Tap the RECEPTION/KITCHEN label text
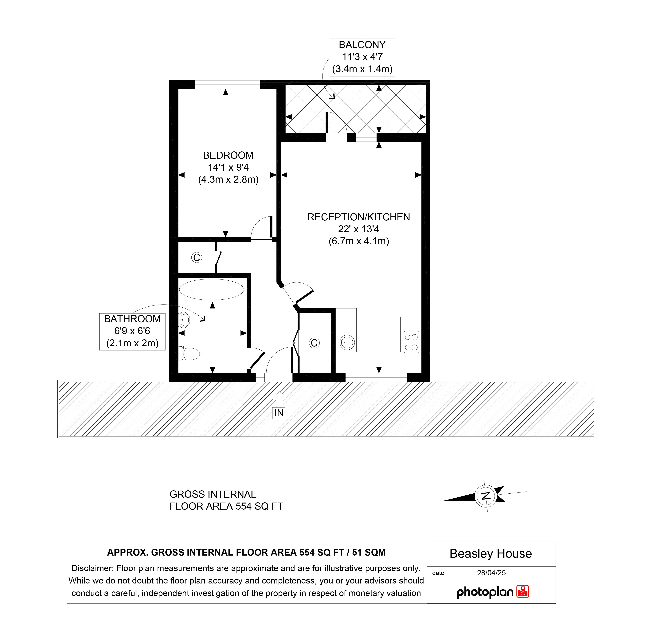pyautogui.click(x=358, y=217)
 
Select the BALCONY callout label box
pyautogui.click(x=362, y=58)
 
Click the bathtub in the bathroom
pyautogui.click(x=212, y=289)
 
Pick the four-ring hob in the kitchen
pyautogui.click(x=411, y=342)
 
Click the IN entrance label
pyautogui.click(x=279, y=413)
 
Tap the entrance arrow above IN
pyautogui.click(x=279, y=399)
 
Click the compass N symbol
pyautogui.click(x=485, y=496)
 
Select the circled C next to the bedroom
pyautogui.click(x=197, y=257)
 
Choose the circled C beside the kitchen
pyautogui.click(x=314, y=343)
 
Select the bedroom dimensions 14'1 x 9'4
pyautogui.click(x=228, y=167)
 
